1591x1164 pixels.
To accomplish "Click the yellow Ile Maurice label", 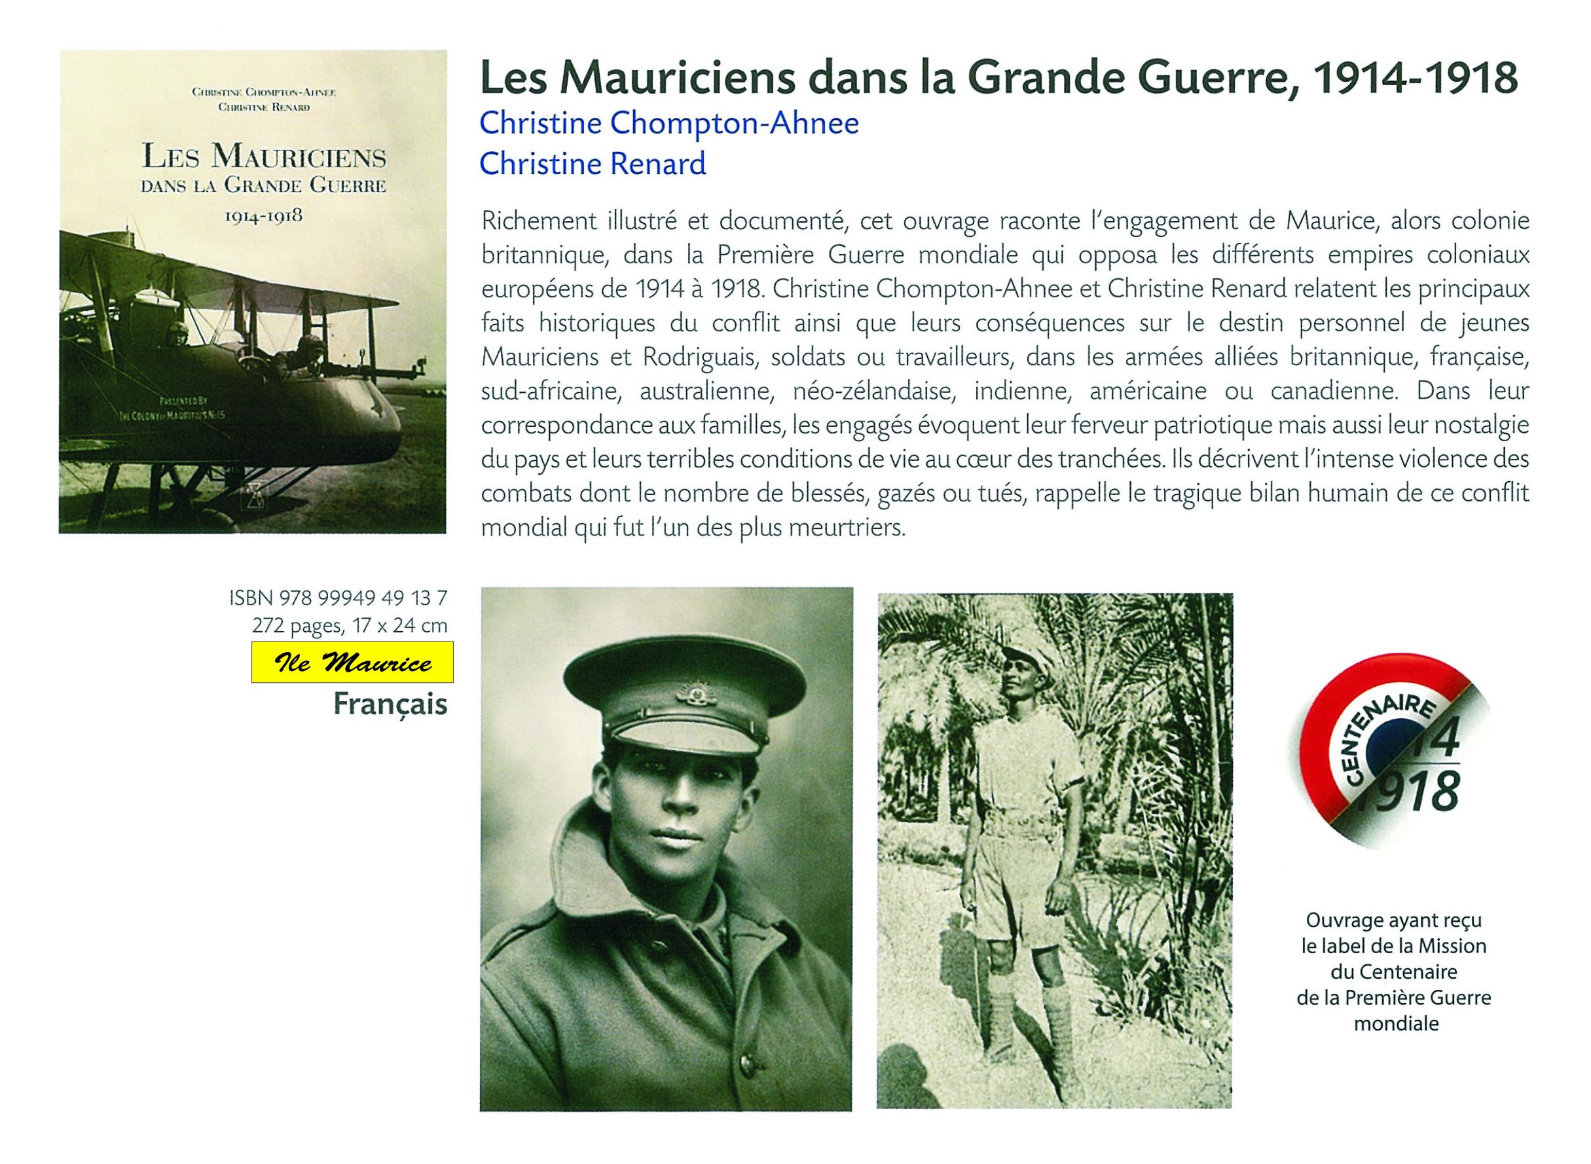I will (x=352, y=663).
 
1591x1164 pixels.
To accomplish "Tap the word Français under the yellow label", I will (x=390, y=704).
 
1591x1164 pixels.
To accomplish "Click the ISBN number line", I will (x=338, y=598).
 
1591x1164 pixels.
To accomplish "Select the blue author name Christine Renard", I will (x=592, y=164).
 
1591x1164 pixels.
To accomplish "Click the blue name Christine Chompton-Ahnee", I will (x=668, y=124).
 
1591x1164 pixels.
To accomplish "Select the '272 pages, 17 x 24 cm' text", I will (x=350, y=625).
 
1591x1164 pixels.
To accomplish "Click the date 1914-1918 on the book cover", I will (x=263, y=216).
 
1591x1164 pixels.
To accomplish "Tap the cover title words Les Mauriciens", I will (x=263, y=157).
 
